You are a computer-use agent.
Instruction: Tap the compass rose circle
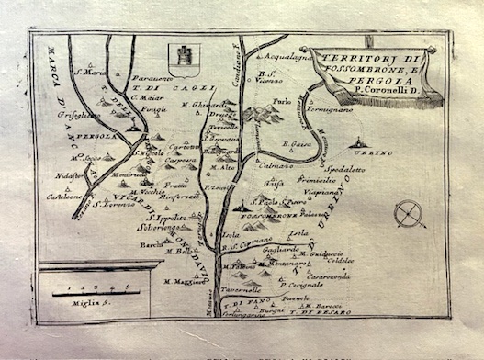pos(409,215)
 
